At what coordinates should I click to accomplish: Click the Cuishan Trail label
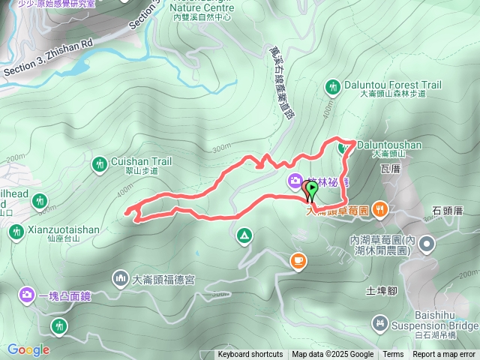(142, 160)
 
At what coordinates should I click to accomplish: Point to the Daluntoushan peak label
(388, 144)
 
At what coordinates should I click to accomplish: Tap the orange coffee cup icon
(298, 260)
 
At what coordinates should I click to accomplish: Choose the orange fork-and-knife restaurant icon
(380, 209)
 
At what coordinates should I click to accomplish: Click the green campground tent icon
(244, 237)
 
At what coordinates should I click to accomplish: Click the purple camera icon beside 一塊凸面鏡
(28, 295)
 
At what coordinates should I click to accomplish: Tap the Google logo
(28, 349)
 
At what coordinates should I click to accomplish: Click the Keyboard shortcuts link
(250, 355)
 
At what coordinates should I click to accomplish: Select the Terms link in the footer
(393, 355)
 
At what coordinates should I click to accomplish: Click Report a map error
(445, 355)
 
